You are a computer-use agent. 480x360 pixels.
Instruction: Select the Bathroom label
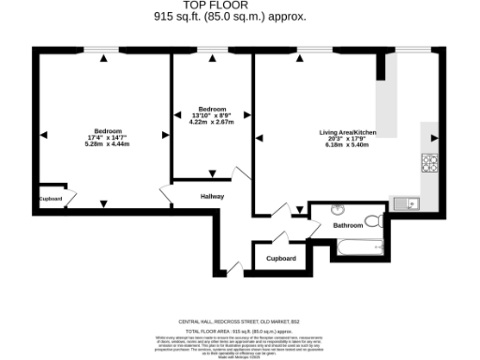(x=348, y=225)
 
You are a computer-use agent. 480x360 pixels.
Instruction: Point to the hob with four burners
(x=430, y=162)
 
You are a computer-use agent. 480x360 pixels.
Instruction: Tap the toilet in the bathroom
(x=372, y=221)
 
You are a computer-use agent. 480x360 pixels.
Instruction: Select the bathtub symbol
(x=359, y=247)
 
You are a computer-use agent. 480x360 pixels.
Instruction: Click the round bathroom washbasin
(x=337, y=209)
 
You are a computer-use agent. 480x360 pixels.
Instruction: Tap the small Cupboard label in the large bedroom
(x=51, y=199)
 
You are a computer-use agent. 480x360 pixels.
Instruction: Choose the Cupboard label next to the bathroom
(x=281, y=258)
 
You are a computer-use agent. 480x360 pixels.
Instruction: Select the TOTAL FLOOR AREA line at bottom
(x=240, y=331)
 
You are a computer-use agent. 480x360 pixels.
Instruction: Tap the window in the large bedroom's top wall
(x=102, y=50)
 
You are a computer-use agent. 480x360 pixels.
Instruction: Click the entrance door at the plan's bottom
(x=232, y=273)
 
